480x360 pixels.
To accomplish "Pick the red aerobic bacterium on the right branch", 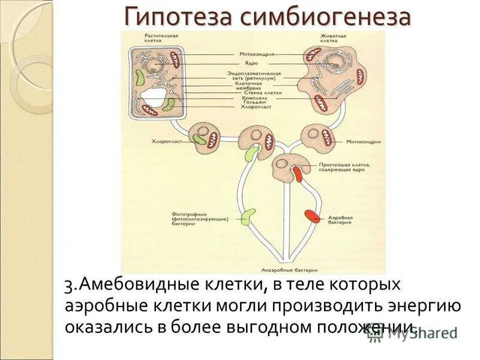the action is pos(311,215).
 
